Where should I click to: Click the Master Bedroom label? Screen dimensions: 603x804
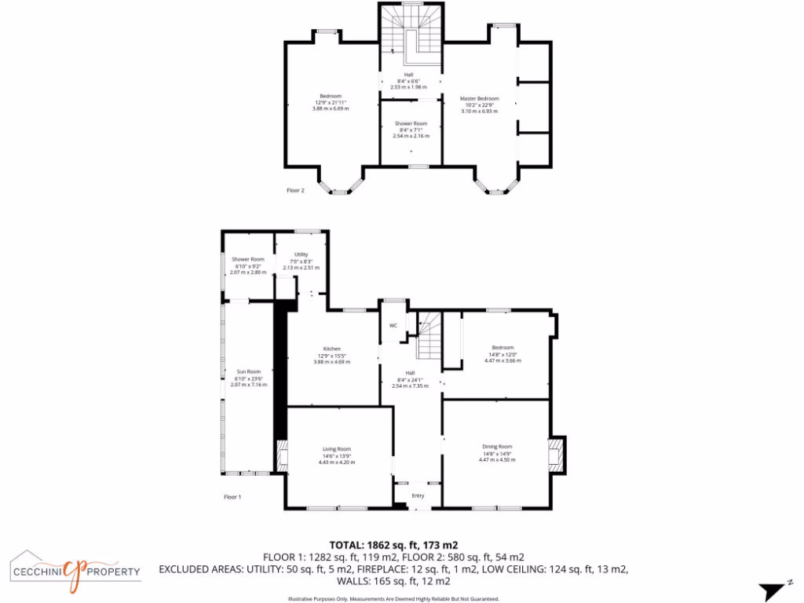[x=479, y=99]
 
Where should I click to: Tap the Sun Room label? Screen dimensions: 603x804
[x=248, y=371]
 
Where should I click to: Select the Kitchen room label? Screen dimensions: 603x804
[x=331, y=349]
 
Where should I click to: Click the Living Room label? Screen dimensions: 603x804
[x=337, y=449]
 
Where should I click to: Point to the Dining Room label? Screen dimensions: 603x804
[x=497, y=447]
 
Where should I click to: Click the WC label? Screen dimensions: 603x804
[x=393, y=325]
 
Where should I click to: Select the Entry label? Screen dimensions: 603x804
[x=418, y=495]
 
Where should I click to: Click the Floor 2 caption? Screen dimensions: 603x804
[x=295, y=190]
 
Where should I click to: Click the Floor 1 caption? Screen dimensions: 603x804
[x=232, y=497]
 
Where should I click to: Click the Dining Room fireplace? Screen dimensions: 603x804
[x=557, y=455]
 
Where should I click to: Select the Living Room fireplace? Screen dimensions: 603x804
[x=282, y=455]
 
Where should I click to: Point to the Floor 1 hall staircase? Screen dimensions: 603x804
[x=429, y=334]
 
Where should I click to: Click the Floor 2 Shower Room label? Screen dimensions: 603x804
[x=411, y=123]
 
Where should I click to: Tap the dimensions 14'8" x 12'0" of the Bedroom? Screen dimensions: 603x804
[x=502, y=354]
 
